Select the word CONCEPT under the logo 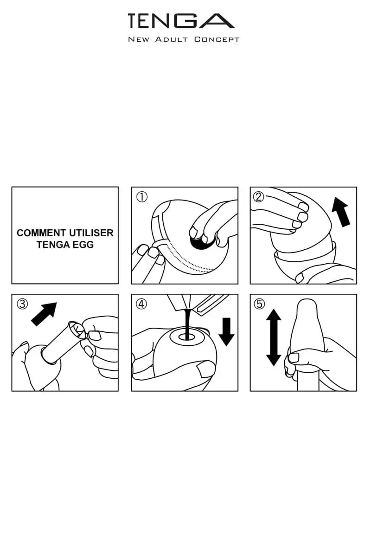pos(217,39)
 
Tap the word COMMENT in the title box pos(38,233)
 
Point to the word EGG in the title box pos(84,245)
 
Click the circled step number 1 pos(141,197)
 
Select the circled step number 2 pos(259,197)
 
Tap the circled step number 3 pos(22,304)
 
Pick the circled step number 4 pos(141,304)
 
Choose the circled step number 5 pos(259,304)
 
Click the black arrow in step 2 pos(341,212)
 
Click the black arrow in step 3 pos(44,313)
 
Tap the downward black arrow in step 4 pos(226,331)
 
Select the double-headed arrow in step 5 pos(274,337)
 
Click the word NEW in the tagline pos(139,39)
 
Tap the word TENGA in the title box pos(52,245)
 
